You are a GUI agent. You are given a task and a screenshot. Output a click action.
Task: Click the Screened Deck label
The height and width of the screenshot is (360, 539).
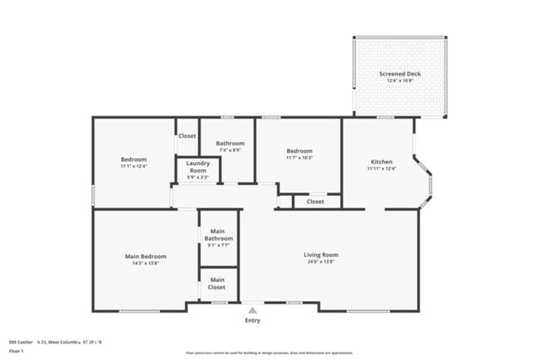click(x=400, y=74)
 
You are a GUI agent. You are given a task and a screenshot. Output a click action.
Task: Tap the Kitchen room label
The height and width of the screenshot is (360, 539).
click(x=381, y=162)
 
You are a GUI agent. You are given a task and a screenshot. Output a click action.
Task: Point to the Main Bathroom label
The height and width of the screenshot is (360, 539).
click(x=218, y=235)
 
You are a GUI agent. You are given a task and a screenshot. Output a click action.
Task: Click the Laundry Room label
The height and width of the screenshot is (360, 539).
click(x=197, y=166)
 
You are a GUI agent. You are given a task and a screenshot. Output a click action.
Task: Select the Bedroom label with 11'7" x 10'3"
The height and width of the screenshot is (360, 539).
click(x=299, y=151)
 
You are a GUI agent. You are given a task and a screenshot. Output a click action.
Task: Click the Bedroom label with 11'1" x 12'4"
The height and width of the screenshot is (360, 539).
click(x=133, y=159)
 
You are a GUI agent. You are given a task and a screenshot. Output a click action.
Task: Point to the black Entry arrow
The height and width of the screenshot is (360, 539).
click(x=252, y=309)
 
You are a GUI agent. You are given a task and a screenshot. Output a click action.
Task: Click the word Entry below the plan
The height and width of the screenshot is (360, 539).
click(x=252, y=320)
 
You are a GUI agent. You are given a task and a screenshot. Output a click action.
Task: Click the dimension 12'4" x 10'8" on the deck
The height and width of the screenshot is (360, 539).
click(x=400, y=81)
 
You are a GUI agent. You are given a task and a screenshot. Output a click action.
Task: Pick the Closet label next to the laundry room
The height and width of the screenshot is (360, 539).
click(x=187, y=136)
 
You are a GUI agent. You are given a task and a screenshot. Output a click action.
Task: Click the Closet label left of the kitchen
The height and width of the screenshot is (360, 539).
click(x=315, y=202)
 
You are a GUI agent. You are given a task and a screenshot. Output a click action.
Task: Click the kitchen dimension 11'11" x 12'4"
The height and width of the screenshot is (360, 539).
click(x=381, y=169)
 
